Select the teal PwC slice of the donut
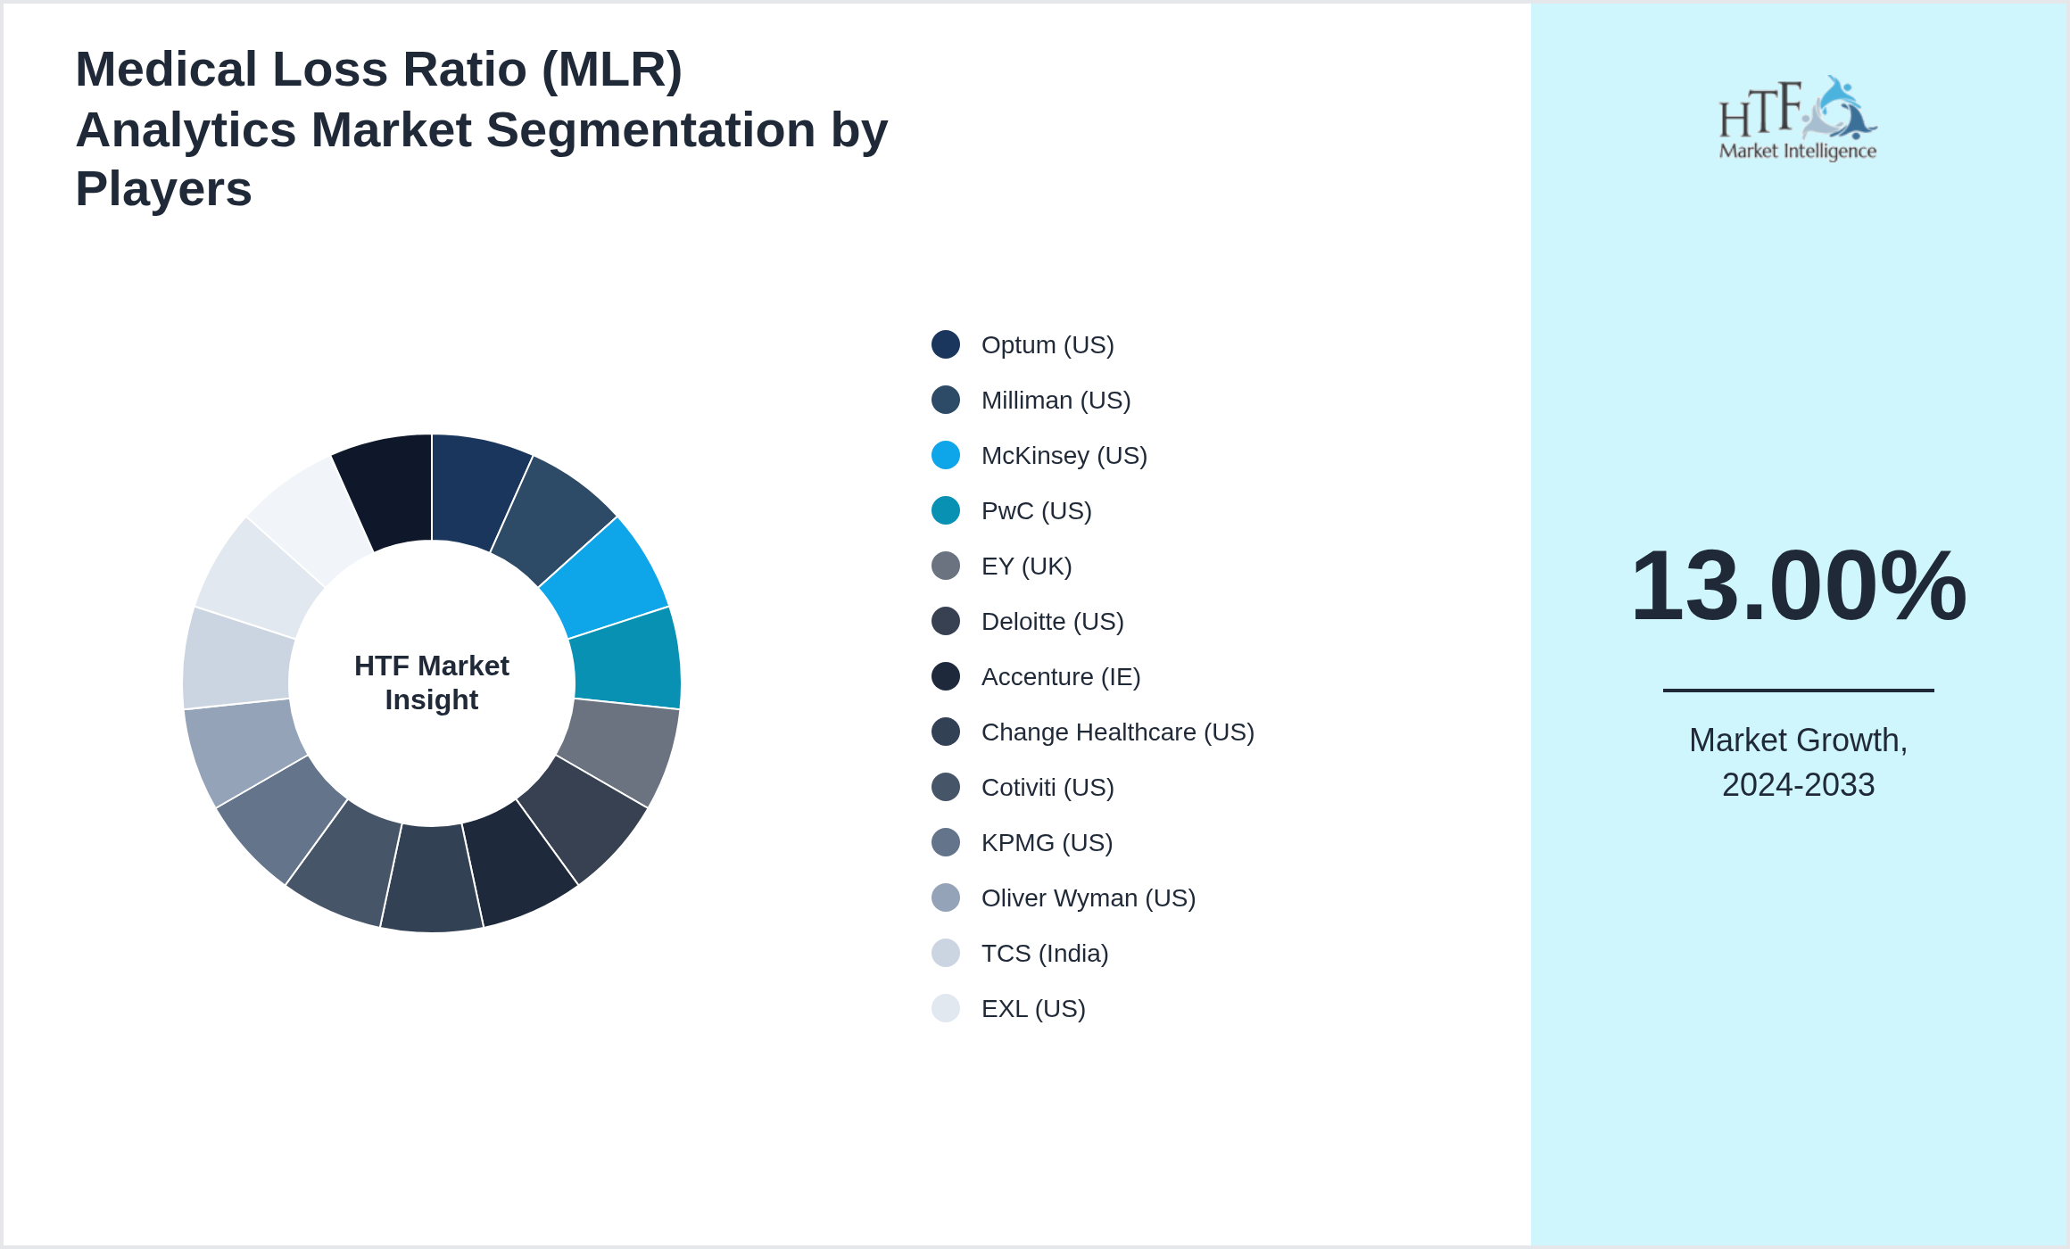click(x=627, y=658)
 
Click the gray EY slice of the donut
click(x=618, y=749)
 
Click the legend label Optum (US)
click(x=1047, y=345)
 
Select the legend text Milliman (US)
click(x=1056, y=401)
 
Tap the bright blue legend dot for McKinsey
click(x=945, y=456)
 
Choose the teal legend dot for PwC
click(x=945, y=511)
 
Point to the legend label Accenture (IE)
click(x=1060, y=677)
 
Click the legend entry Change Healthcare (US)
click(x=1117, y=732)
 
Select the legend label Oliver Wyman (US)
click(x=1088, y=898)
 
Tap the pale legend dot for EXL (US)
click(x=945, y=1009)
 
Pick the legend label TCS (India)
click(x=1044, y=954)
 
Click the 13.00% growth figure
click(x=1797, y=586)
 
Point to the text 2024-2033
click(x=1797, y=785)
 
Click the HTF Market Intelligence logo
click(x=1797, y=119)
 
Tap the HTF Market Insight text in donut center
click(x=432, y=682)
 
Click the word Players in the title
click(x=163, y=189)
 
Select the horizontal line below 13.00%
click(x=1797, y=690)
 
